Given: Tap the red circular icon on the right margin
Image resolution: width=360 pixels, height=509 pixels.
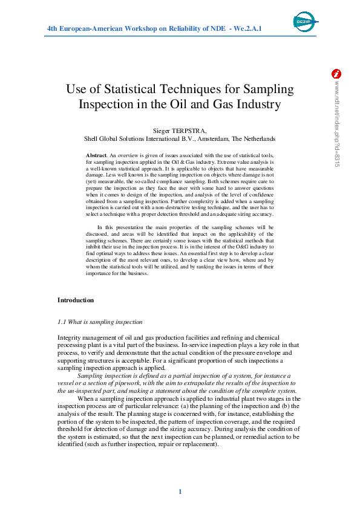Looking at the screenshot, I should point(337,74).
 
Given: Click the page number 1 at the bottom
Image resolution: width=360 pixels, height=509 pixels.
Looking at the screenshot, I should point(180,491).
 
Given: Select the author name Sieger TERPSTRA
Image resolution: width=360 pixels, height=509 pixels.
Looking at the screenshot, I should point(180,130).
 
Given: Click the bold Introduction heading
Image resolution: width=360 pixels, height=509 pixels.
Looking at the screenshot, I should point(76,300).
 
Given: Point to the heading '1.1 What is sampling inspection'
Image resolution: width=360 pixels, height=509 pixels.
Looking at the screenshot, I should point(100,322).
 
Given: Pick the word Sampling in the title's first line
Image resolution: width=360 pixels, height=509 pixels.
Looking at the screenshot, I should point(269,89).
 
